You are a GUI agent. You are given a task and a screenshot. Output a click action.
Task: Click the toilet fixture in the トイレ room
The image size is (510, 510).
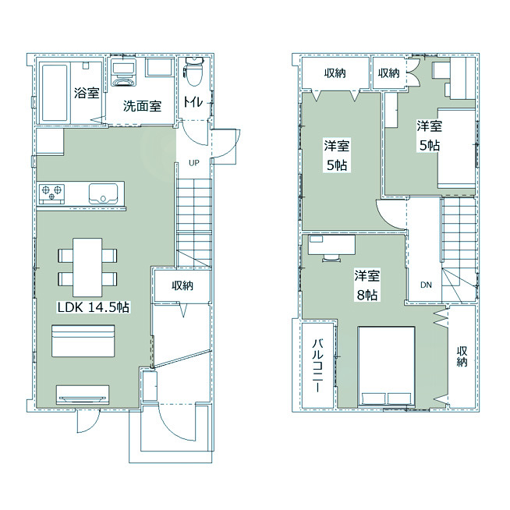[x=194, y=71]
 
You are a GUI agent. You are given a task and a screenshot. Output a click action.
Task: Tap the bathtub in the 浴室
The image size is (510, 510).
[x=55, y=93]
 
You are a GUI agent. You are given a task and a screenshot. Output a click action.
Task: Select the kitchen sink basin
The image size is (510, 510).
[x=104, y=193]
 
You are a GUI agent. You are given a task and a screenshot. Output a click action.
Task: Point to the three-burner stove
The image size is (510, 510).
[x=52, y=193]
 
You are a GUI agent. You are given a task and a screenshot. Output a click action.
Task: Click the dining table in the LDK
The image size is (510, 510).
[x=87, y=267]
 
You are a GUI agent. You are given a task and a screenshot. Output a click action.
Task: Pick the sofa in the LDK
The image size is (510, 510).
[x=83, y=341]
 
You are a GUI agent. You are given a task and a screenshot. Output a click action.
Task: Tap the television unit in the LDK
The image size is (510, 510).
[x=83, y=395]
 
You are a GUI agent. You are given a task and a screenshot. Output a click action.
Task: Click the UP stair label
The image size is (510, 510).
[x=194, y=163]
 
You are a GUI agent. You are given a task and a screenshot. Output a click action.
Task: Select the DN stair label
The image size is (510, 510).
[x=426, y=285]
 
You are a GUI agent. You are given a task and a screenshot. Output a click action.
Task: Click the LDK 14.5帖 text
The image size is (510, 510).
[x=94, y=307]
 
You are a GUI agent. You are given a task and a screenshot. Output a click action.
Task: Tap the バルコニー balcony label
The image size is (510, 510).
[x=317, y=365]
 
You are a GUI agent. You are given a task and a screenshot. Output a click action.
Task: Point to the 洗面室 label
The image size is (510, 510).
[x=142, y=106]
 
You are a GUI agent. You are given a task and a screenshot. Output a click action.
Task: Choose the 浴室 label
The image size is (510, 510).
[x=87, y=93]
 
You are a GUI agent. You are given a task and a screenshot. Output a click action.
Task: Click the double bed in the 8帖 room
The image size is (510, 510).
[x=386, y=367]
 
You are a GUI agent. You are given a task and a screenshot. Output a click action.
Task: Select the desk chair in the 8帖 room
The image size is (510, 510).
[x=331, y=258]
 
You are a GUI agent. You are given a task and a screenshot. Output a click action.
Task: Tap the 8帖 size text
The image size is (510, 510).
[x=367, y=295]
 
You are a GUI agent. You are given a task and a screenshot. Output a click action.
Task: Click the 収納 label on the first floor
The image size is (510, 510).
[x=182, y=285]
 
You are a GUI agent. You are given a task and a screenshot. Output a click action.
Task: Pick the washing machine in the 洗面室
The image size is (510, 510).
[x=124, y=72]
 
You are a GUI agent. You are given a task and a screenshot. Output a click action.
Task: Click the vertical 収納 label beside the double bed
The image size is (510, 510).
[x=462, y=356]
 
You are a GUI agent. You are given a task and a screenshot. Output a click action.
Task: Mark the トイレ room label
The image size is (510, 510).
[x=193, y=102]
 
